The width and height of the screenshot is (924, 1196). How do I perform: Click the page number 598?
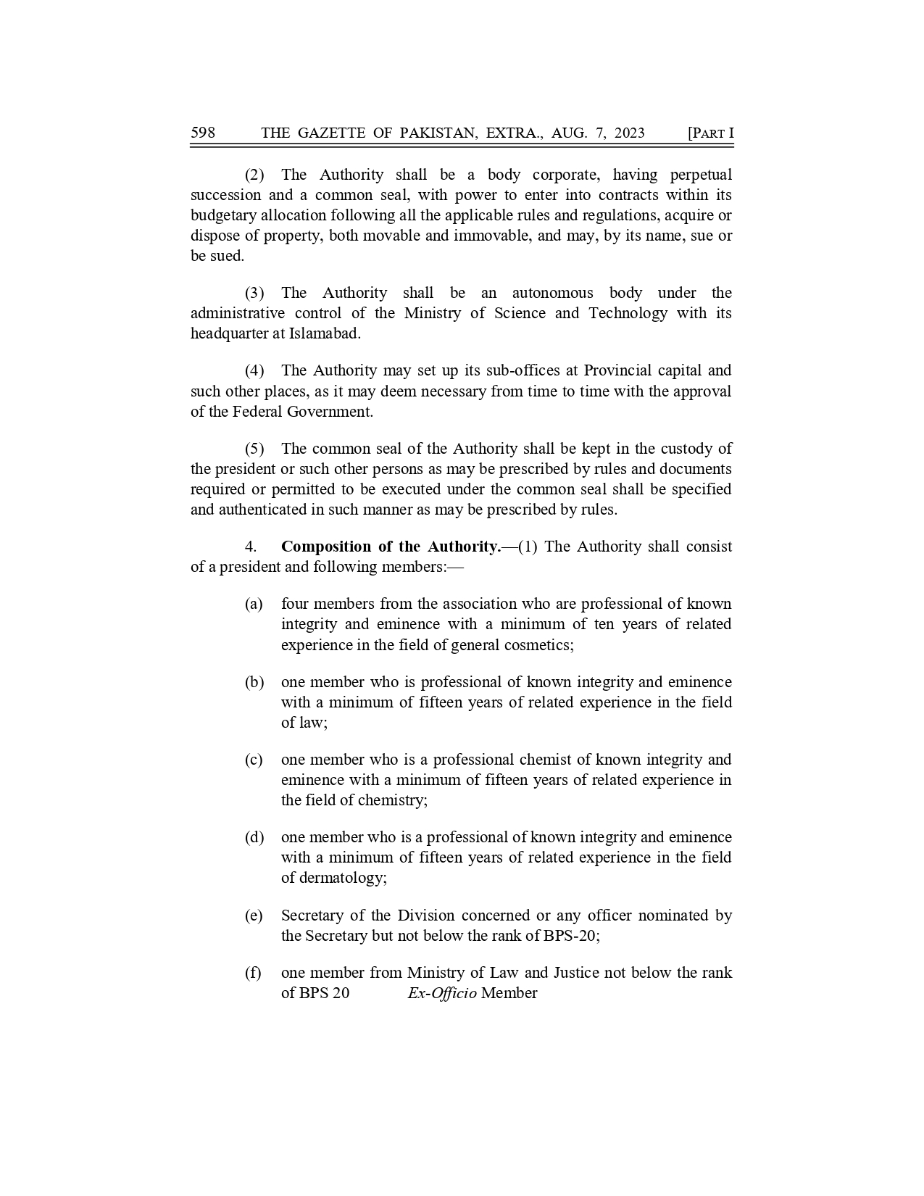[203, 133]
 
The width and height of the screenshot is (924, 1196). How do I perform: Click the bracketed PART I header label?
[710, 133]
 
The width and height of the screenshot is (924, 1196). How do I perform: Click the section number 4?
[251, 547]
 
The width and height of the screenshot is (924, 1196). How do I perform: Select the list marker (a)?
[254, 604]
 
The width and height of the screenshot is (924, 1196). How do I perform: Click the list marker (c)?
[254, 760]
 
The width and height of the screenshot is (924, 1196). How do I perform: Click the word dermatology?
[344, 878]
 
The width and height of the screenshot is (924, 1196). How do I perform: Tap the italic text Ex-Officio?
[442, 993]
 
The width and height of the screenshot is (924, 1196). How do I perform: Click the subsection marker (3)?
[254, 293]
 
